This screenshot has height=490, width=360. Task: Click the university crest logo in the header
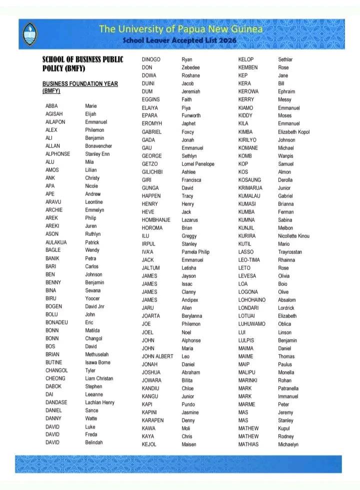(30, 33)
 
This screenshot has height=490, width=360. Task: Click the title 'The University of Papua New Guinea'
(180, 29)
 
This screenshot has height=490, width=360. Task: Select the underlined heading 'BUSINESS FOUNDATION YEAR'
(80, 83)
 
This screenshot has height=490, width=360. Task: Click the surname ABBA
(51, 106)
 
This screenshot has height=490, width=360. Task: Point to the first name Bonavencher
(98, 146)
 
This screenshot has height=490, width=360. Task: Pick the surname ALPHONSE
(57, 154)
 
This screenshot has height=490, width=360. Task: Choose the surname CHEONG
(55, 378)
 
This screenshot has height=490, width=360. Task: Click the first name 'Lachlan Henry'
(99, 402)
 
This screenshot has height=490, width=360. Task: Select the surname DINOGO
(151, 59)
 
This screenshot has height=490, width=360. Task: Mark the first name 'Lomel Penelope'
(198, 164)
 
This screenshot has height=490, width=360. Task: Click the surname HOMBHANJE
(156, 220)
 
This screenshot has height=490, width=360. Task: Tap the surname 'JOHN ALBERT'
(157, 356)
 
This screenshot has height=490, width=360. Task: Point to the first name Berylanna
(192, 316)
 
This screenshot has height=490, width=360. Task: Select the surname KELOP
(246, 59)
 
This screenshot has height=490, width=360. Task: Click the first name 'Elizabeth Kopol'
(294, 132)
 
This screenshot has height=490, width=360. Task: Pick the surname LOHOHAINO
(252, 300)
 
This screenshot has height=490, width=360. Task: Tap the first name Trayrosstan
(290, 252)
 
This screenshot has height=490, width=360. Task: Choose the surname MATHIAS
(248, 444)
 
